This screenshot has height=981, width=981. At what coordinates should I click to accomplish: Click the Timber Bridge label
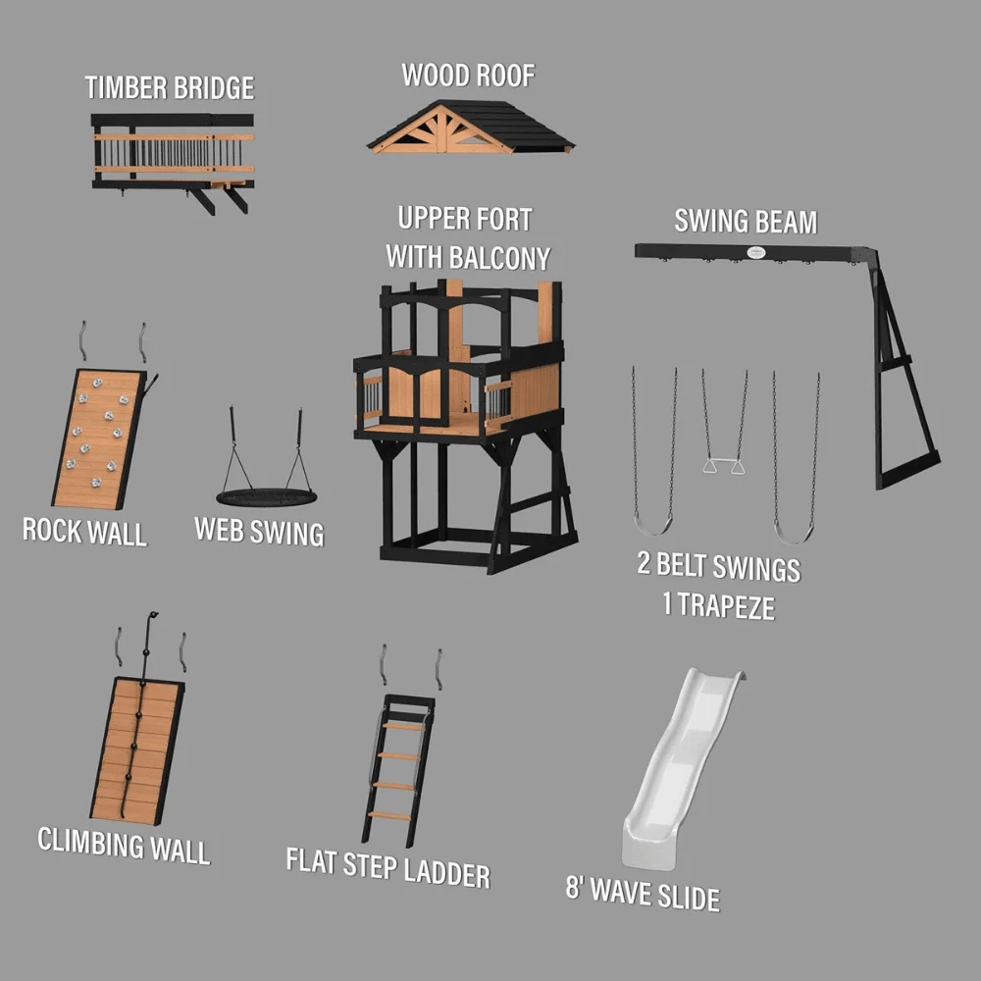[x=170, y=87]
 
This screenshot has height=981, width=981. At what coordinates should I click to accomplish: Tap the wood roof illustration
[x=471, y=127]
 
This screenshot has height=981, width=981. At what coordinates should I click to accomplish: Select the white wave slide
[x=680, y=768]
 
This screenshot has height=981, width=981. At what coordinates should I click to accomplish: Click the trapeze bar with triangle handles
[x=723, y=465]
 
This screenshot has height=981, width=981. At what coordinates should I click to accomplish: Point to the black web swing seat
[x=267, y=498]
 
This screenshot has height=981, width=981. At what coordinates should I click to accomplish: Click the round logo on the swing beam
[x=755, y=252]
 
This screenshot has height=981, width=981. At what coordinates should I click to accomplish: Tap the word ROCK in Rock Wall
[x=52, y=530]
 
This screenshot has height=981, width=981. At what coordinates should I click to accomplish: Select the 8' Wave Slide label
[x=644, y=894]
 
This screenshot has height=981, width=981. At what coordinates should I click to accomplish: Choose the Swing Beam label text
[x=746, y=222]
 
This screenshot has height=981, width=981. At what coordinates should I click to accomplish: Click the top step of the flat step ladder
[x=404, y=726]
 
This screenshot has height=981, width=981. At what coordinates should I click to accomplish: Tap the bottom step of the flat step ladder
[x=389, y=815]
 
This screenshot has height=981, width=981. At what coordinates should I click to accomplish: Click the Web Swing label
[x=259, y=531]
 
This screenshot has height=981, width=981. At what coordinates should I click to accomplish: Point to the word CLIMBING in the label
[x=90, y=842]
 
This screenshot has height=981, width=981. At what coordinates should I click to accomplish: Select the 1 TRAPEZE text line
[x=719, y=605]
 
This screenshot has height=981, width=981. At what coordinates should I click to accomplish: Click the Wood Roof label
[x=468, y=76]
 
